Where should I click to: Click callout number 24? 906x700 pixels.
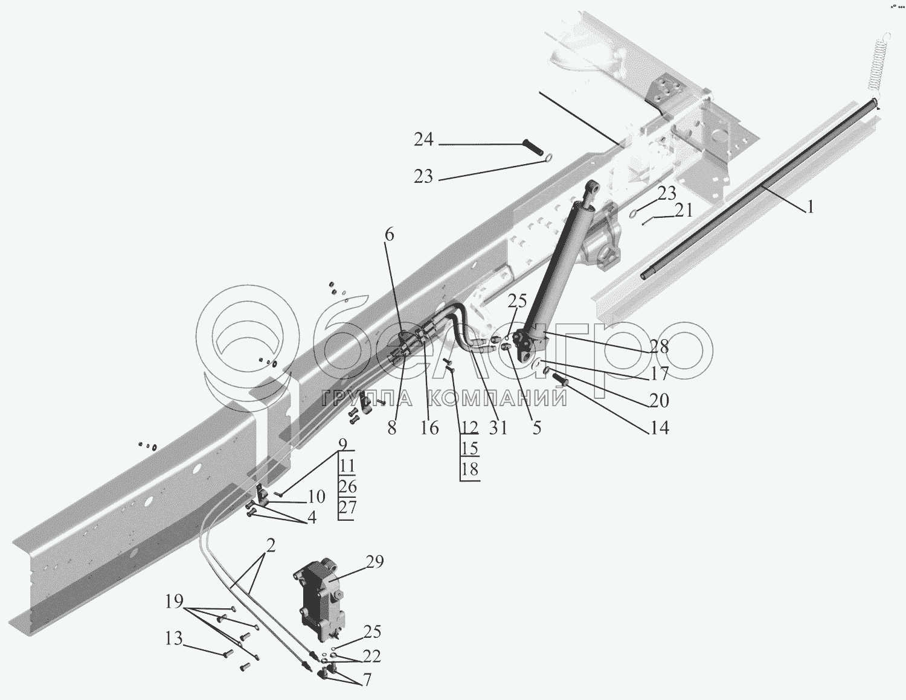(423, 139)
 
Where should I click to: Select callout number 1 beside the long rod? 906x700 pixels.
(810, 208)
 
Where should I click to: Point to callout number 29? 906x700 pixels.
(374, 562)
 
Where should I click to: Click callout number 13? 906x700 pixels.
(174, 638)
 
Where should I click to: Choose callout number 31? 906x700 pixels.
(498, 427)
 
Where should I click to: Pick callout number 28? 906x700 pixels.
(660, 347)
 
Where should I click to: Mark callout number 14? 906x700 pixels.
(660, 428)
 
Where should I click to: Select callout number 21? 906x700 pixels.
(684, 211)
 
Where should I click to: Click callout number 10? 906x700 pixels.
(316, 497)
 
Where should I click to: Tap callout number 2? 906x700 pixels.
(270, 547)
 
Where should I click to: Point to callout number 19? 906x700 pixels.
(174, 601)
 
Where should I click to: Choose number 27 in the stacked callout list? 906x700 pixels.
(347, 507)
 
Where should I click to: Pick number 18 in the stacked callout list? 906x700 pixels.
(469, 469)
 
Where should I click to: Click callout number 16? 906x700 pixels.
(429, 428)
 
